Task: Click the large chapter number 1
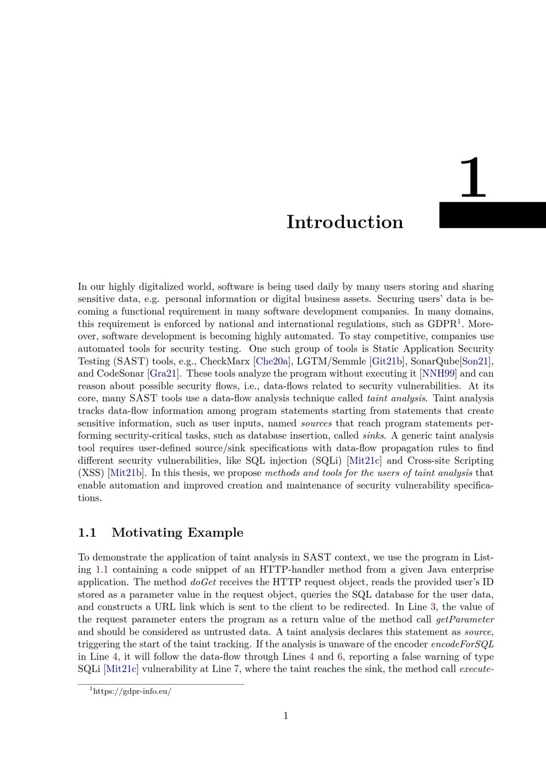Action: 473,178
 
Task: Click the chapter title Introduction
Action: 345,222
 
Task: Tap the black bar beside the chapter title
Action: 492,215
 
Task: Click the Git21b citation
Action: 387,361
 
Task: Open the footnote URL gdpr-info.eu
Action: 132,692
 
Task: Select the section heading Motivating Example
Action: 177,533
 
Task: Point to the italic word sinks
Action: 373,436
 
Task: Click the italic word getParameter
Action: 465,620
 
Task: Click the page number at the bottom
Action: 286,716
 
